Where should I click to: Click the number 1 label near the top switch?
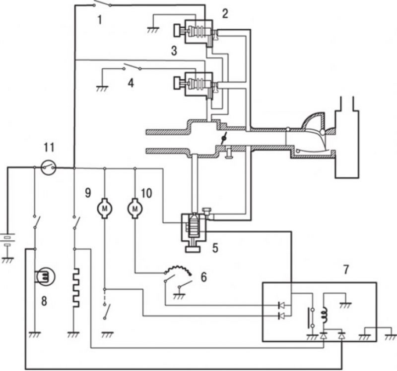100,20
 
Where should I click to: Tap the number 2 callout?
225,13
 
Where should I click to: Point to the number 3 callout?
174,51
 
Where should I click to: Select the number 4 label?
131,83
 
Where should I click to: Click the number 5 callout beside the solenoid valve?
215,248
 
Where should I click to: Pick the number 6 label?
204,277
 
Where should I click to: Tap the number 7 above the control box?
346,269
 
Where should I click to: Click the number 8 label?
44,301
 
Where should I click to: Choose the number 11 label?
49,147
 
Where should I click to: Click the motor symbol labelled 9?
105,209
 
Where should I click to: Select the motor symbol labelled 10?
134,209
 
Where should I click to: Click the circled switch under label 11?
48,167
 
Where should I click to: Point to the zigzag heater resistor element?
75,288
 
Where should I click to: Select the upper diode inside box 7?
281,305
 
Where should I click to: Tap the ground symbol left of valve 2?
153,30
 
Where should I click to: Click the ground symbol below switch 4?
102,89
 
